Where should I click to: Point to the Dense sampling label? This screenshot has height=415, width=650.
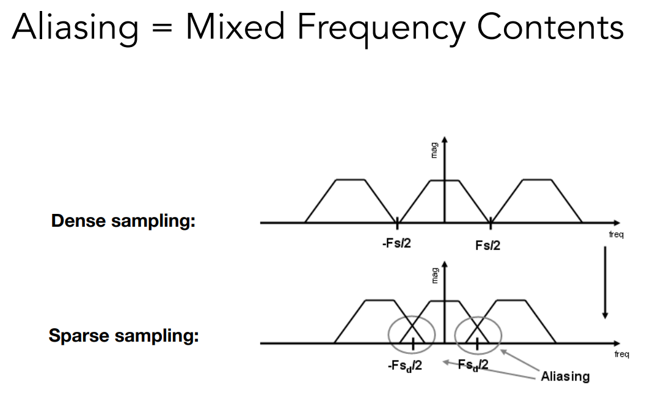coord(123,221)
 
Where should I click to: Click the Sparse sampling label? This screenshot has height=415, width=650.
coord(123,336)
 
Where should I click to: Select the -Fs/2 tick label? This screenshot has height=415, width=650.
coord(396,243)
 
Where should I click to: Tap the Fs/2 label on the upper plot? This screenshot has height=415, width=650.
coord(487,245)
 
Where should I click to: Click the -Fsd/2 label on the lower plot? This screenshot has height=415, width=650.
coord(405,366)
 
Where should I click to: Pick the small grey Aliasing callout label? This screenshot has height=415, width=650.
coord(565,376)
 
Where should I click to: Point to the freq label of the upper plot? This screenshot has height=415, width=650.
coord(616,235)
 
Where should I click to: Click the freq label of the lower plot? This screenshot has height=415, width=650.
coord(621,354)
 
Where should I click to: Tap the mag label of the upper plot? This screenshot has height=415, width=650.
coord(435,150)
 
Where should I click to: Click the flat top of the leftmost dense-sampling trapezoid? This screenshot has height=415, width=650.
coord(351,180)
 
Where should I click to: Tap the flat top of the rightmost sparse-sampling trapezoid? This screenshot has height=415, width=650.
coord(509,300)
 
